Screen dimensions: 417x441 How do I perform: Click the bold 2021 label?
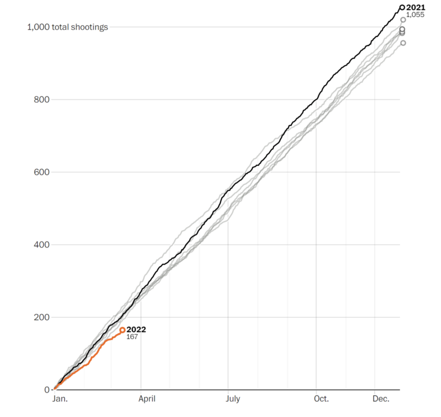point(416,8)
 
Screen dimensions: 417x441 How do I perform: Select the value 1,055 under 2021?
point(415,15)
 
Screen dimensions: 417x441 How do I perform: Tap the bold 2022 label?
point(136,330)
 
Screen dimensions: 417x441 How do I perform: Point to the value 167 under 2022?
point(132,337)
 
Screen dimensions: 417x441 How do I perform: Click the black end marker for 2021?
point(402,8)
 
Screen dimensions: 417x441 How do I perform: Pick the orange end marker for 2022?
point(122,330)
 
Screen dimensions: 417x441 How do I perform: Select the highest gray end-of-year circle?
point(403,20)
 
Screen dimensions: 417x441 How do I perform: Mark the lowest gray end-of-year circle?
point(403,43)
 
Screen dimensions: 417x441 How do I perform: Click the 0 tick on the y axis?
point(47,390)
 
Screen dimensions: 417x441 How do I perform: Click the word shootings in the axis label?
point(90,27)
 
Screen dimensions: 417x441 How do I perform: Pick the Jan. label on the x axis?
point(60,399)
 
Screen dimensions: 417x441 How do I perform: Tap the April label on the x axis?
point(146,399)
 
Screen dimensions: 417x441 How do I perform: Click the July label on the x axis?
point(232,399)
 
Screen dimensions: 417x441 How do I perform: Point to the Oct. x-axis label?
point(321,399)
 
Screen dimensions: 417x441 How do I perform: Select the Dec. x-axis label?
point(381,399)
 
